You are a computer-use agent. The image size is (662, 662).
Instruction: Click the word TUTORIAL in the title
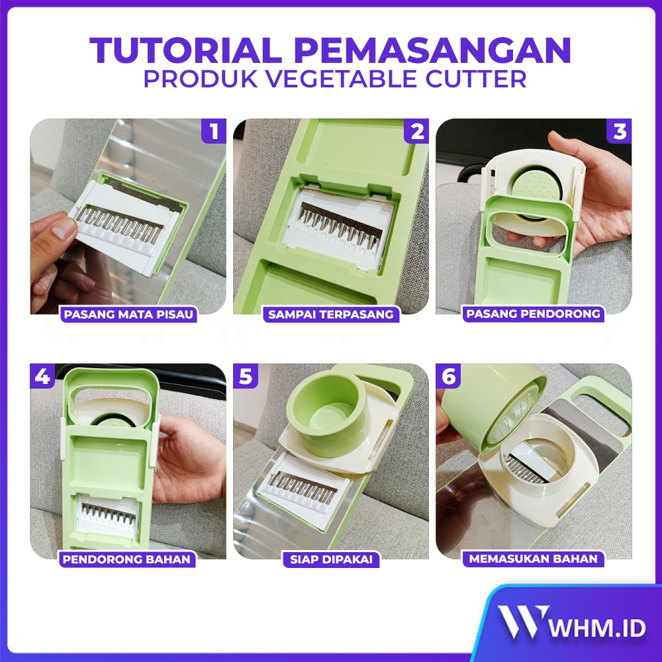(x=186, y=50)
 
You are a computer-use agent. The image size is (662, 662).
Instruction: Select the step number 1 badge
(x=214, y=131)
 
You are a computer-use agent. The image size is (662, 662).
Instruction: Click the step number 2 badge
(x=416, y=131)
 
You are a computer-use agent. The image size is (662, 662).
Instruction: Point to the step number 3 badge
(x=619, y=131)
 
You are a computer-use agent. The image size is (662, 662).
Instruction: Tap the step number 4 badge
(x=42, y=376)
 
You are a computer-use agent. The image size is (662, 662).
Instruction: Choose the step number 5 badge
(x=246, y=376)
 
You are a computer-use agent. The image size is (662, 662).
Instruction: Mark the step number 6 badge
(x=448, y=376)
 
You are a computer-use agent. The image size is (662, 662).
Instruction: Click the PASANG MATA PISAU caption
(x=128, y=314)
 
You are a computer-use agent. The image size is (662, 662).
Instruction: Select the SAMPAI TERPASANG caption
(x=331, y=314)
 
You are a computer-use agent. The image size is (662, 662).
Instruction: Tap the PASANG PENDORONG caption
(x=533, y=314)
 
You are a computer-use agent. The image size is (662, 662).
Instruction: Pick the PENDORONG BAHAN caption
(x=126, y=559)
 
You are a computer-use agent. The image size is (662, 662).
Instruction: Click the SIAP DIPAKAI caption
(x=332, y=559)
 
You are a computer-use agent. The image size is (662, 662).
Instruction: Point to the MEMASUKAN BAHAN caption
(x=533, y=559)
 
